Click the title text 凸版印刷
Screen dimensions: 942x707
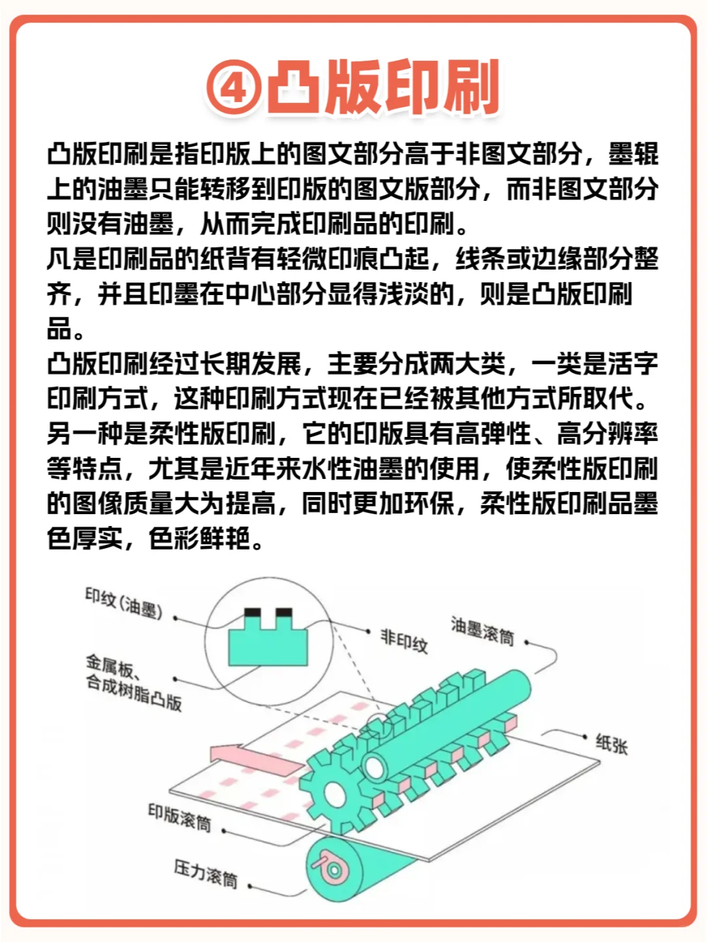[x=383, y=87]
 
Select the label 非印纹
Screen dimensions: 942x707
[x=404, y=640]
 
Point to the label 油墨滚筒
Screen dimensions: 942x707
[x=482, y=630]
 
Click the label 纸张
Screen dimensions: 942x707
[x=611, y=743]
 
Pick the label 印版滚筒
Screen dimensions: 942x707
[x=179, y=818]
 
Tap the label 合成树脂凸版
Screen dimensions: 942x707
[x=134, y=693]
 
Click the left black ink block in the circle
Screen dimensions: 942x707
[x=252, y=613]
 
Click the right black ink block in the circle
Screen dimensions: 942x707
[x=284, y=613]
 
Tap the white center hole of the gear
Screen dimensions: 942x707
[x=335, y=794]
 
